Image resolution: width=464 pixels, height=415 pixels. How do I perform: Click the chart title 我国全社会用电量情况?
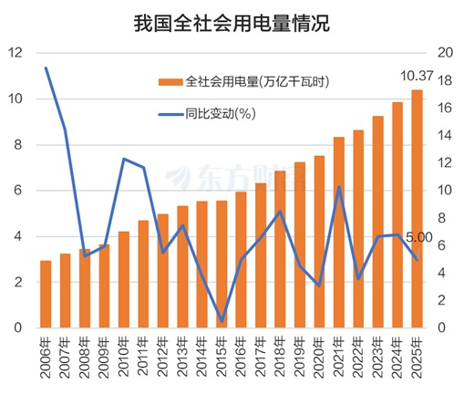(x=232, y=22)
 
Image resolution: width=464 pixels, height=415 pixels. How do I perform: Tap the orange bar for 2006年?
(x=46, y=294)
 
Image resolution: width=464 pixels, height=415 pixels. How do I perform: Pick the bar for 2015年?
(x=222, y=264)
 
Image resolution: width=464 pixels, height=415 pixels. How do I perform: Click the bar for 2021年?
(x=338, y=232)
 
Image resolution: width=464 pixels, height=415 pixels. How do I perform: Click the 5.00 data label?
(x=419, y=237)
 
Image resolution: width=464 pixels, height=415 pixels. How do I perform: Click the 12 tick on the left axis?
(x=15, y=53)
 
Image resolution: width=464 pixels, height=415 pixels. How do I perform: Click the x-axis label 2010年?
(x=122, y=352)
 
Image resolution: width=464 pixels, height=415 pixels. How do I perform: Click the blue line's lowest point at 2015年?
(x=222, y=320)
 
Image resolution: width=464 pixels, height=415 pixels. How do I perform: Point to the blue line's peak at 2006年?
(x=46, y=68)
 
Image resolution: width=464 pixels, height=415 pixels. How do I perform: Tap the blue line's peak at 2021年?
(x=338, y=187)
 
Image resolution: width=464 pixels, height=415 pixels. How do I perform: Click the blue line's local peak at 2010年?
(x=124, y=159)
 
